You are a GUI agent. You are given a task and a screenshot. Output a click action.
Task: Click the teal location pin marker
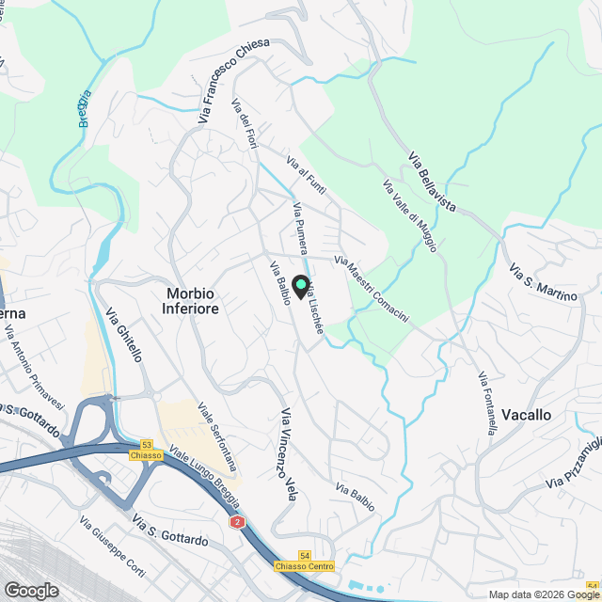[x=300, y=285]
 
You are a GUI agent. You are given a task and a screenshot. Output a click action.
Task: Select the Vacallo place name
[x=527, y=415]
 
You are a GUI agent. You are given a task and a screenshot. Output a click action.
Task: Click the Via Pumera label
[x=300, y=229]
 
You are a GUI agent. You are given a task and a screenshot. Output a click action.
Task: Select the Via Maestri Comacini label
[x=372, y=291]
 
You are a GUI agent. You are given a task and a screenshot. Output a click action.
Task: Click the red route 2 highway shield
[x=235, y=521]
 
